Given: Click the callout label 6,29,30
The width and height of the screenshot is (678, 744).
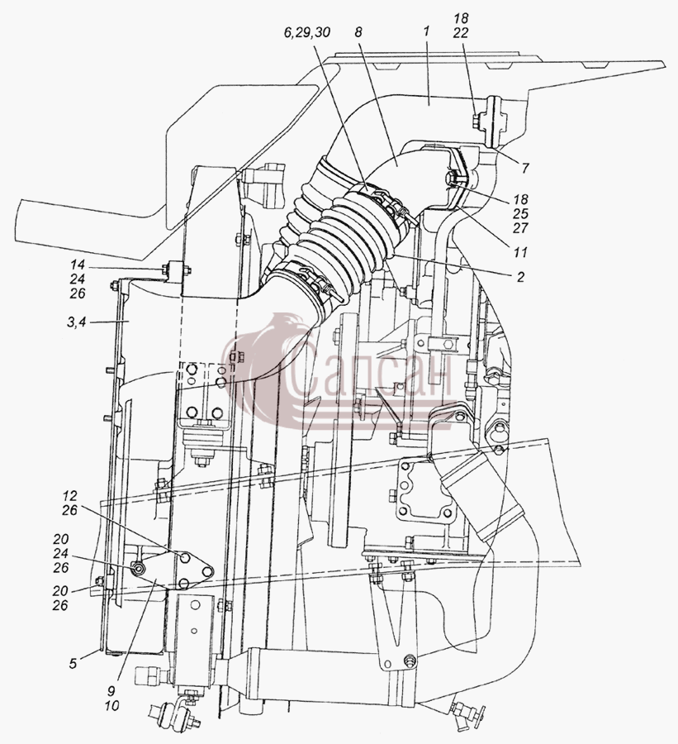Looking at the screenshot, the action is (x=306, y=33).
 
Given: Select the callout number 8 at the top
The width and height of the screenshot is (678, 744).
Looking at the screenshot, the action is (x=358, y=32).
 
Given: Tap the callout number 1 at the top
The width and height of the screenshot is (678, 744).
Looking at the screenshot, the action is (x=426, y=31).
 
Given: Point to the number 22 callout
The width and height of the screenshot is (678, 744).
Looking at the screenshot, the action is (x=460, y=33).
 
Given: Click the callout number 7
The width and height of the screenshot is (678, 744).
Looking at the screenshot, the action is (x=525, y=168).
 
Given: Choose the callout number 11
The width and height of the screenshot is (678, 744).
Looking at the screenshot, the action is (x=520, y=251).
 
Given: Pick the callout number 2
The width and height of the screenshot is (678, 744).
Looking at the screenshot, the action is (x=520, y=277).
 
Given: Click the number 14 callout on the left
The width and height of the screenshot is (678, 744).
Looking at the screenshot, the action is (x=78, y=265).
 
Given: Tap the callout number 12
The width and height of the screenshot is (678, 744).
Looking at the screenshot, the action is (x=69, y=496).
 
